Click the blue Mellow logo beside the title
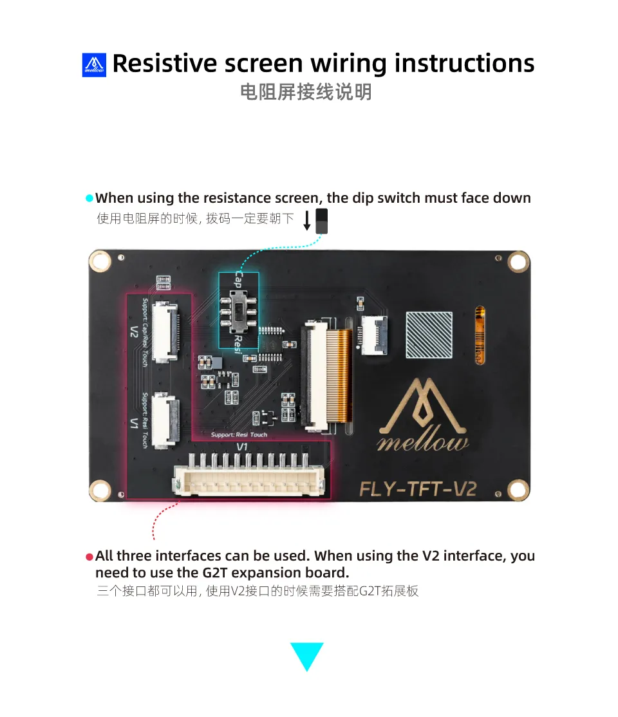click(94, 65)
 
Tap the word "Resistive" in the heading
click(164, 63)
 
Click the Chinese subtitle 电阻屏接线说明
click(306, 92)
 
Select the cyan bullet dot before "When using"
click(89, 198)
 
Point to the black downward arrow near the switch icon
click(307, 220)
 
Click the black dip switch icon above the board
click(322, 221)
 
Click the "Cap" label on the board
click(238, 279)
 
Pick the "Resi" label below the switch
click(238, 344)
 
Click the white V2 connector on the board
click(165, 331)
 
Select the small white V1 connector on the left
click(165, 420)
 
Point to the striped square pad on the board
click(429, 335)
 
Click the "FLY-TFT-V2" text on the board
click(418, 489)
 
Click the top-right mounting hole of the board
click(518, 263)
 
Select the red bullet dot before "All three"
click(89, 557)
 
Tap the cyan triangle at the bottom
click(307, 654)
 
